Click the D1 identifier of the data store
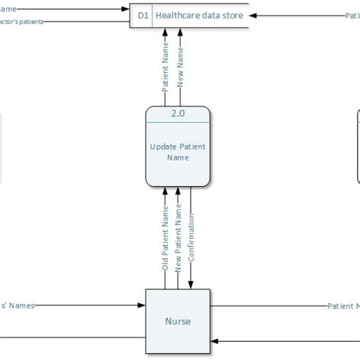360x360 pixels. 142,15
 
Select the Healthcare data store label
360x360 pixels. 200,15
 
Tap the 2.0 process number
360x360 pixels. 177,114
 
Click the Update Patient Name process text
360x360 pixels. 177,152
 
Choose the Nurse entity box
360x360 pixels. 177,321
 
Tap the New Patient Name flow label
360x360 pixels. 178,241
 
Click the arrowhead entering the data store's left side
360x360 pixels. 128,9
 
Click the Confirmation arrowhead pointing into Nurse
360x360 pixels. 191,285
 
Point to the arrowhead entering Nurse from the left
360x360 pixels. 141,306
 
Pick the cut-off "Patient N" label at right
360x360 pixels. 343,306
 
